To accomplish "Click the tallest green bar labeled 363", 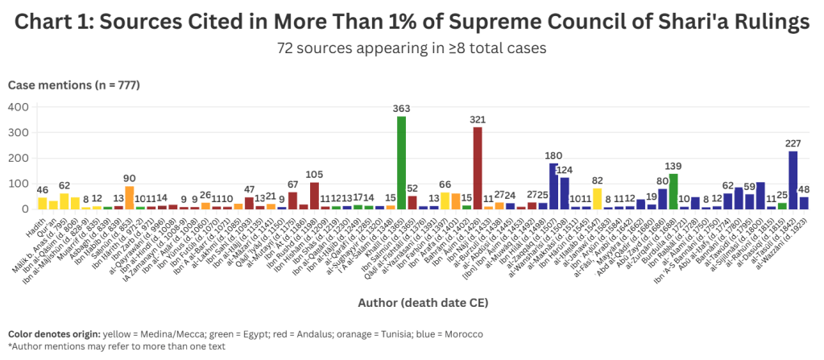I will (x=401, y=163).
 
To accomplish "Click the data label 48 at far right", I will (x=803, y=190).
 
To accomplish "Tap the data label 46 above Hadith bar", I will (x=43, y=190).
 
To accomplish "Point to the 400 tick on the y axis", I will (x=18, y=106).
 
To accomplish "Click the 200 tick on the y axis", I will (x=18, y=158).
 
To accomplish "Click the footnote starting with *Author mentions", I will (x=105, y=346).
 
